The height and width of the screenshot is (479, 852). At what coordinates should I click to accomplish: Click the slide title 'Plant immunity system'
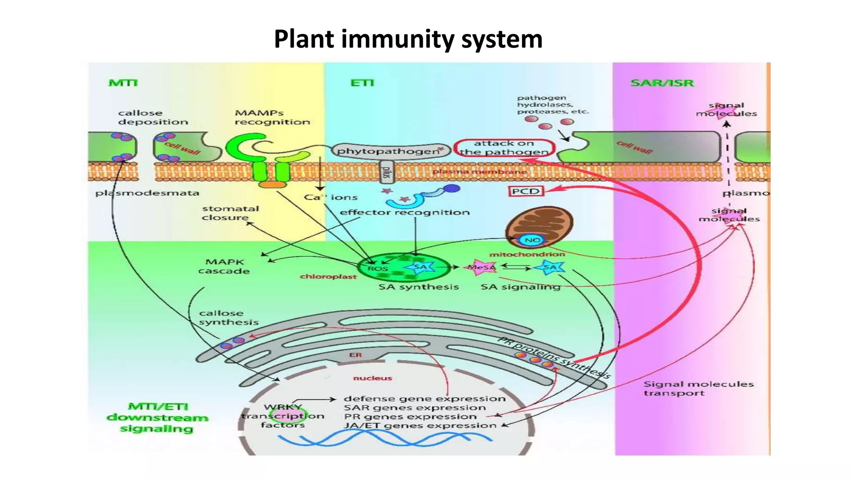pos(408,39)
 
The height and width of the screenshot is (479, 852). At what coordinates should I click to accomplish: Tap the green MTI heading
pos(123,83)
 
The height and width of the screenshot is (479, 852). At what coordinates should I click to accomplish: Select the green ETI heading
pos(362,83)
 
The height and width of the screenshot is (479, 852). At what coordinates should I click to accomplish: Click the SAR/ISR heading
pos(662,83)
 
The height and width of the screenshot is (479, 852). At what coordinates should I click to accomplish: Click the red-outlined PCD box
pos(526,191)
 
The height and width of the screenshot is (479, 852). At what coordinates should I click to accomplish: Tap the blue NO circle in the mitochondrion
pos(532,240)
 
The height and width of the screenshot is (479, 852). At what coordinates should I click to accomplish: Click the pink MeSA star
pos(482,267)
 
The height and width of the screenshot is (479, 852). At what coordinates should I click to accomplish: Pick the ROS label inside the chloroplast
pos(377,269)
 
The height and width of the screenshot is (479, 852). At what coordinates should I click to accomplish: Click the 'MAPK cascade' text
pos(224,267)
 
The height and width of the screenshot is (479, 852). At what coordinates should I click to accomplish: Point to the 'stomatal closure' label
pos(230,213)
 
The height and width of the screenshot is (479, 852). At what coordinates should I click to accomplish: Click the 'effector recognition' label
pos(404,212)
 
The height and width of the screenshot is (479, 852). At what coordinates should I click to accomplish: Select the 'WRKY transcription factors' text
pos(283,416)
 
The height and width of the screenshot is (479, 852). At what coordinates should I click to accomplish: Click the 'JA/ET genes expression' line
pos(420,426)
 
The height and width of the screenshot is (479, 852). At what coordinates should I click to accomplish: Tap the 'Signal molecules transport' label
pos(698,388)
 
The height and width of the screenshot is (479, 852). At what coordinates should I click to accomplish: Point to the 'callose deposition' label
pos(153,117)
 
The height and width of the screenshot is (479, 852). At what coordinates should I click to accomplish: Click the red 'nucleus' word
pos(372,378)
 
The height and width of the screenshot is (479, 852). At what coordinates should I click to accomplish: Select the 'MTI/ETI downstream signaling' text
pos(157,417)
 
